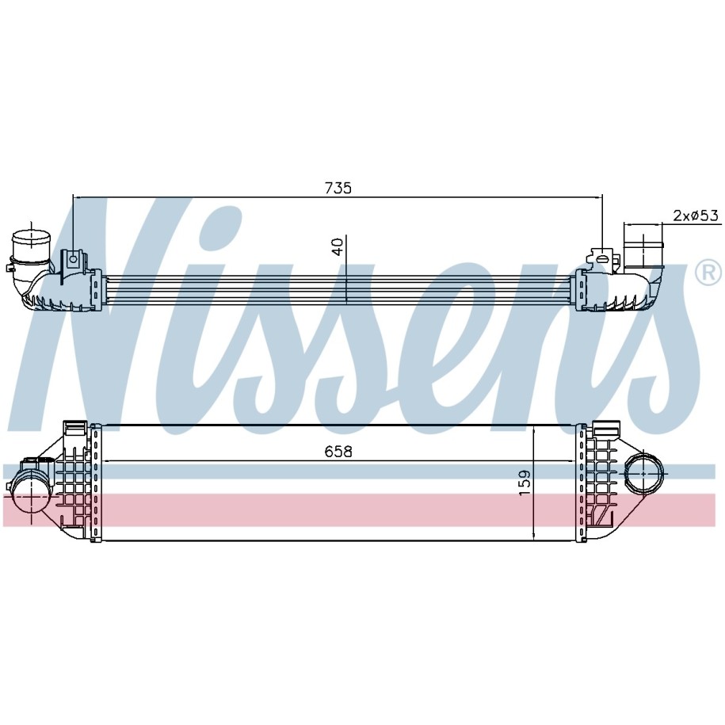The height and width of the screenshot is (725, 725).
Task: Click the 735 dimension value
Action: (x=338, y=188)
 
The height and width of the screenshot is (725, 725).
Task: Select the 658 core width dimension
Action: (x=338, y=452)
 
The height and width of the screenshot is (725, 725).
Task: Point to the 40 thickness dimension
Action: (x=338, y=247)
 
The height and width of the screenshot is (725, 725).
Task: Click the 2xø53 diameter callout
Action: (x=696, y=216)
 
